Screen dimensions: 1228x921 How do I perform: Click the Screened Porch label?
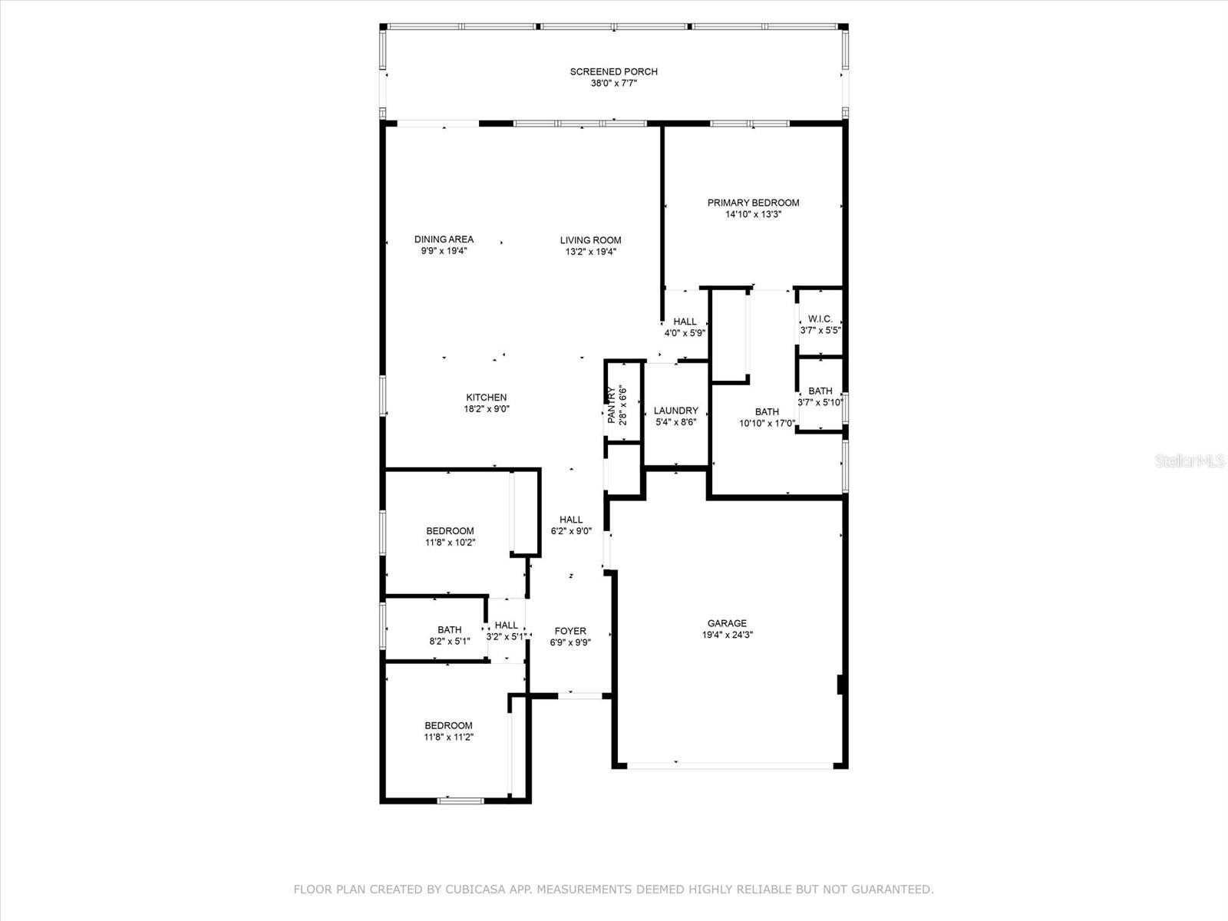[614, 71]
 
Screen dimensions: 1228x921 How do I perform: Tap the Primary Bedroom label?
[753, 203]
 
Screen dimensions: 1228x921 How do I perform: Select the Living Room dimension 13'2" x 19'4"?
[591, 252]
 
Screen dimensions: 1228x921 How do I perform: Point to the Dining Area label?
[444, 239]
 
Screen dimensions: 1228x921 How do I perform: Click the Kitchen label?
[486, 398]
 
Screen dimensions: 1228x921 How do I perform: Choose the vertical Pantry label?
[612, 405]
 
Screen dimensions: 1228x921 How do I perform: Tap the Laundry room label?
[676, 411]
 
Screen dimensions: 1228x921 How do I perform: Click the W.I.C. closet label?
[820, 319]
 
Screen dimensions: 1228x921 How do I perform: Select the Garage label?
[727, 623]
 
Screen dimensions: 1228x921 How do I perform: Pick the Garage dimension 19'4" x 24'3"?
[728, 635]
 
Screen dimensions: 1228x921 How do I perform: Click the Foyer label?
[570, 631]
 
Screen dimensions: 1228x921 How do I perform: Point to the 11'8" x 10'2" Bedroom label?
[450, 530]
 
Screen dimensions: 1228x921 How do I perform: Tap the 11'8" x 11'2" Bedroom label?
[448, 725]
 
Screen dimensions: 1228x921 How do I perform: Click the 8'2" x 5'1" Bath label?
[449, 629]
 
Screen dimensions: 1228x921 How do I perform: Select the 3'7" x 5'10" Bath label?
[820, 391]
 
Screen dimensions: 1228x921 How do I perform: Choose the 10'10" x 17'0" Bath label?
[767, 411]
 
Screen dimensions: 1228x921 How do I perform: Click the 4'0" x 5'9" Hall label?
[685, 322]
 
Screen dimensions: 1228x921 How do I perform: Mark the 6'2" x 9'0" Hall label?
[571, 520]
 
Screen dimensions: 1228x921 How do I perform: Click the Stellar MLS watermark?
[1190, 461]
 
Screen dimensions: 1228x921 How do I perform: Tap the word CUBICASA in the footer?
[471, 889]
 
